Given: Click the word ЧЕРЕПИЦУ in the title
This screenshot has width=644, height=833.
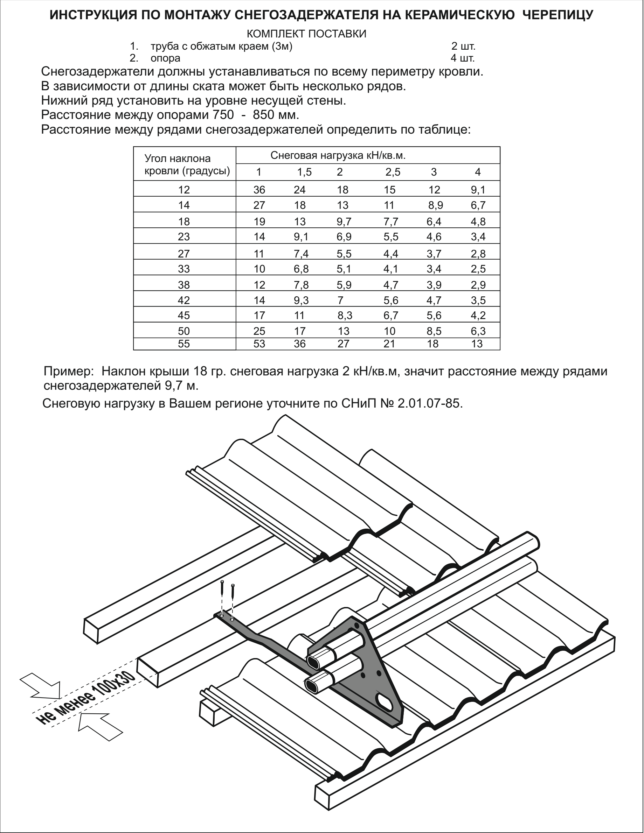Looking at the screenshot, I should [x=558, y=15].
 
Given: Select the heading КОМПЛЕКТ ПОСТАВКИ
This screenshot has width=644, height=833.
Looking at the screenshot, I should [x=306, y=34].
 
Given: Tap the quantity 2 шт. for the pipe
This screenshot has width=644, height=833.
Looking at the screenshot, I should [x=463, y=46].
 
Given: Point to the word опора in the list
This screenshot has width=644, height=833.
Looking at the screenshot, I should [x=165, y=58].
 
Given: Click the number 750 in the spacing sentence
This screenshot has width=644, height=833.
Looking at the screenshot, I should [x=221, y=115].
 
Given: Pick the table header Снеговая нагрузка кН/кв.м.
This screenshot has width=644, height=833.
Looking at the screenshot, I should [x=338, y=156].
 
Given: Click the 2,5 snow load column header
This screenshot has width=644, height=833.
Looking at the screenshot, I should [x=393, y=172].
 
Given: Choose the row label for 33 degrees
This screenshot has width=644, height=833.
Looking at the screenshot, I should [x=183, y=269].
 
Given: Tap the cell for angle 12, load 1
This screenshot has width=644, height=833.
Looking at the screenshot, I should [x=259, y=190].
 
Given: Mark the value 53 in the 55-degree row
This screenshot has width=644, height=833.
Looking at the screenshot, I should [x=259, y=344].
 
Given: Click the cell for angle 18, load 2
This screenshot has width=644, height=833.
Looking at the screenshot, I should [x=344, y=221].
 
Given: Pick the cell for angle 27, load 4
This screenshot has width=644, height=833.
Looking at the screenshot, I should [x=478, y=254].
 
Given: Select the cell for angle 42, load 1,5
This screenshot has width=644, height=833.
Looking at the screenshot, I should [x=301, y=300].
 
